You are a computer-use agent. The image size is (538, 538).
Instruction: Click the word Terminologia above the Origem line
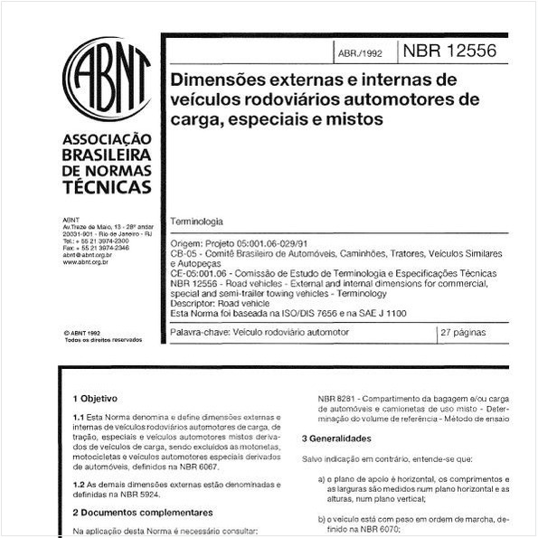197,222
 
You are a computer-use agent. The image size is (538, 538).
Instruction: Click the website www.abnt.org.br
87,261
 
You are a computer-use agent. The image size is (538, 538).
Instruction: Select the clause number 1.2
80,484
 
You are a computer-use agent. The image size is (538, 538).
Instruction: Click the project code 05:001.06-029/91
272,242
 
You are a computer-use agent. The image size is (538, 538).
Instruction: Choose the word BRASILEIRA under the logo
108,155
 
